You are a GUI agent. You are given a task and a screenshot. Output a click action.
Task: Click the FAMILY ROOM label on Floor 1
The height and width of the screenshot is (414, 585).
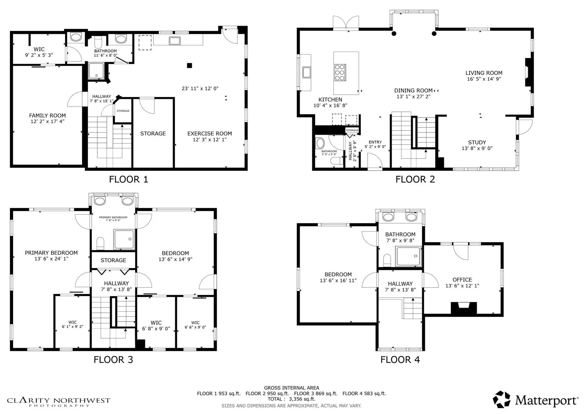[47, 115]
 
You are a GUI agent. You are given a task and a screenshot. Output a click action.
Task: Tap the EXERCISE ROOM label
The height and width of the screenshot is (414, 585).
[210, 134]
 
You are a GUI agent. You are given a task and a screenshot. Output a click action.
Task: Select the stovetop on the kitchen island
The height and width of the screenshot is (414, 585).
[340, 72]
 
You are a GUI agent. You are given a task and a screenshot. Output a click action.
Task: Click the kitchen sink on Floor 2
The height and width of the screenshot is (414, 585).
[306, 72]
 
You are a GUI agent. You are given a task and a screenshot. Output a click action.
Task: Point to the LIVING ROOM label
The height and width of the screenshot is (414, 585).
[484, 73]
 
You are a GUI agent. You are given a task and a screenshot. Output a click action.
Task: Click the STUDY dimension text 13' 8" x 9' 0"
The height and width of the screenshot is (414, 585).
[477, 148]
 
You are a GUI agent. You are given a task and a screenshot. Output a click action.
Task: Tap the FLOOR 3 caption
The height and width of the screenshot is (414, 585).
[113, 359]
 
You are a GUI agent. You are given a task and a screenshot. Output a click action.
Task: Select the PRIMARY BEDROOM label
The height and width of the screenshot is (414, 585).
[51, 253]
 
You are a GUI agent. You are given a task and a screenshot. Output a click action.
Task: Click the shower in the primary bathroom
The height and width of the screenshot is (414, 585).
[124, 239]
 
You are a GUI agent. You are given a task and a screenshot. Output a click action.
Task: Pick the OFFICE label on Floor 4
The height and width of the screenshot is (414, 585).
[462, 280]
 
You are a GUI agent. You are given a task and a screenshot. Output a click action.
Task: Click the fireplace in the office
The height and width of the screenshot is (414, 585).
[464, 308]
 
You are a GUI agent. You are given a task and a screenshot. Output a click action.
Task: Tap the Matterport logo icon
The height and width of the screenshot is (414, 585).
[501, 399]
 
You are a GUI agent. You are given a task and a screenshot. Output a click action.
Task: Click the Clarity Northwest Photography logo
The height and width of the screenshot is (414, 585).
[59, 402]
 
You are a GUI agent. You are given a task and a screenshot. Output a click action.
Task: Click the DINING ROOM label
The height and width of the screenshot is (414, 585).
[413, 91]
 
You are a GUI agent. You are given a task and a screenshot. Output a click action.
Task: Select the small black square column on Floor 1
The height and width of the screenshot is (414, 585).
[189, 65]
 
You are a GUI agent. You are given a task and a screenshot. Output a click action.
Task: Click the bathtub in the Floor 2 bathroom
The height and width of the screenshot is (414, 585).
[320, 143]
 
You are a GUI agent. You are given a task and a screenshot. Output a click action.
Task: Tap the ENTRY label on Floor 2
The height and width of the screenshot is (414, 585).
[375, 142]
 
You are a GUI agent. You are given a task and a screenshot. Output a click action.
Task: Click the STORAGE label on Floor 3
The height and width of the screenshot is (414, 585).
[113, 260]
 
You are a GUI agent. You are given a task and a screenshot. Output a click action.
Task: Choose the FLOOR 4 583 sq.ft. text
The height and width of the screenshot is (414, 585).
[364, 394]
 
